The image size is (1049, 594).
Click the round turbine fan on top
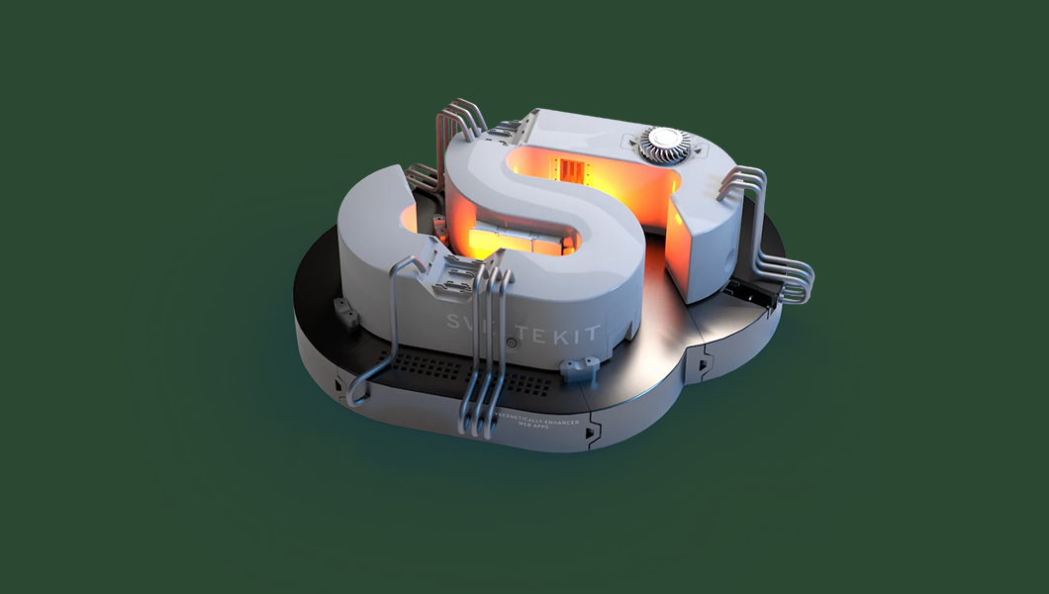pyautogui.click(x=660, y=144)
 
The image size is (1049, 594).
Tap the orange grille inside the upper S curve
pyautogui.click(x=573, y=171)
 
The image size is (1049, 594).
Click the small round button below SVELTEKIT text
pyautogui.click(x=512, y=343)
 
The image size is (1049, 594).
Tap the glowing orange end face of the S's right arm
pyautogui.click(x=700, y=238)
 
